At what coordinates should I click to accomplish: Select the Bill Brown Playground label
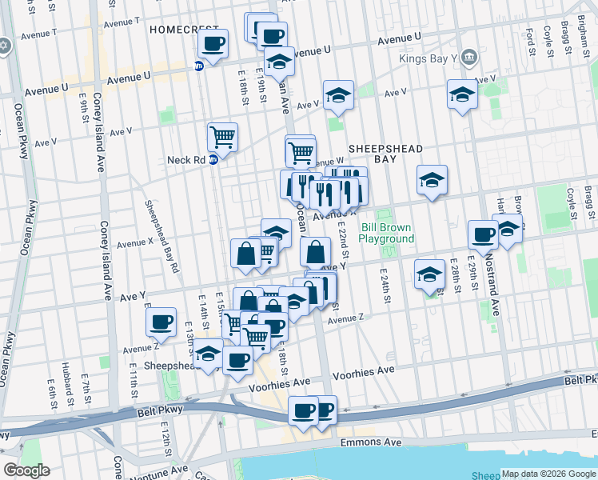[387, 233]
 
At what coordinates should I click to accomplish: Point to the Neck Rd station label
[186, 159]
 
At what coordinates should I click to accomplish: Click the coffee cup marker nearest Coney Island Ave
[161, 321]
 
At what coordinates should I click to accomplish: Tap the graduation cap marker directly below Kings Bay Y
[462, 95]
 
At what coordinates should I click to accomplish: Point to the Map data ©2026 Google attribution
[548, 474]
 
